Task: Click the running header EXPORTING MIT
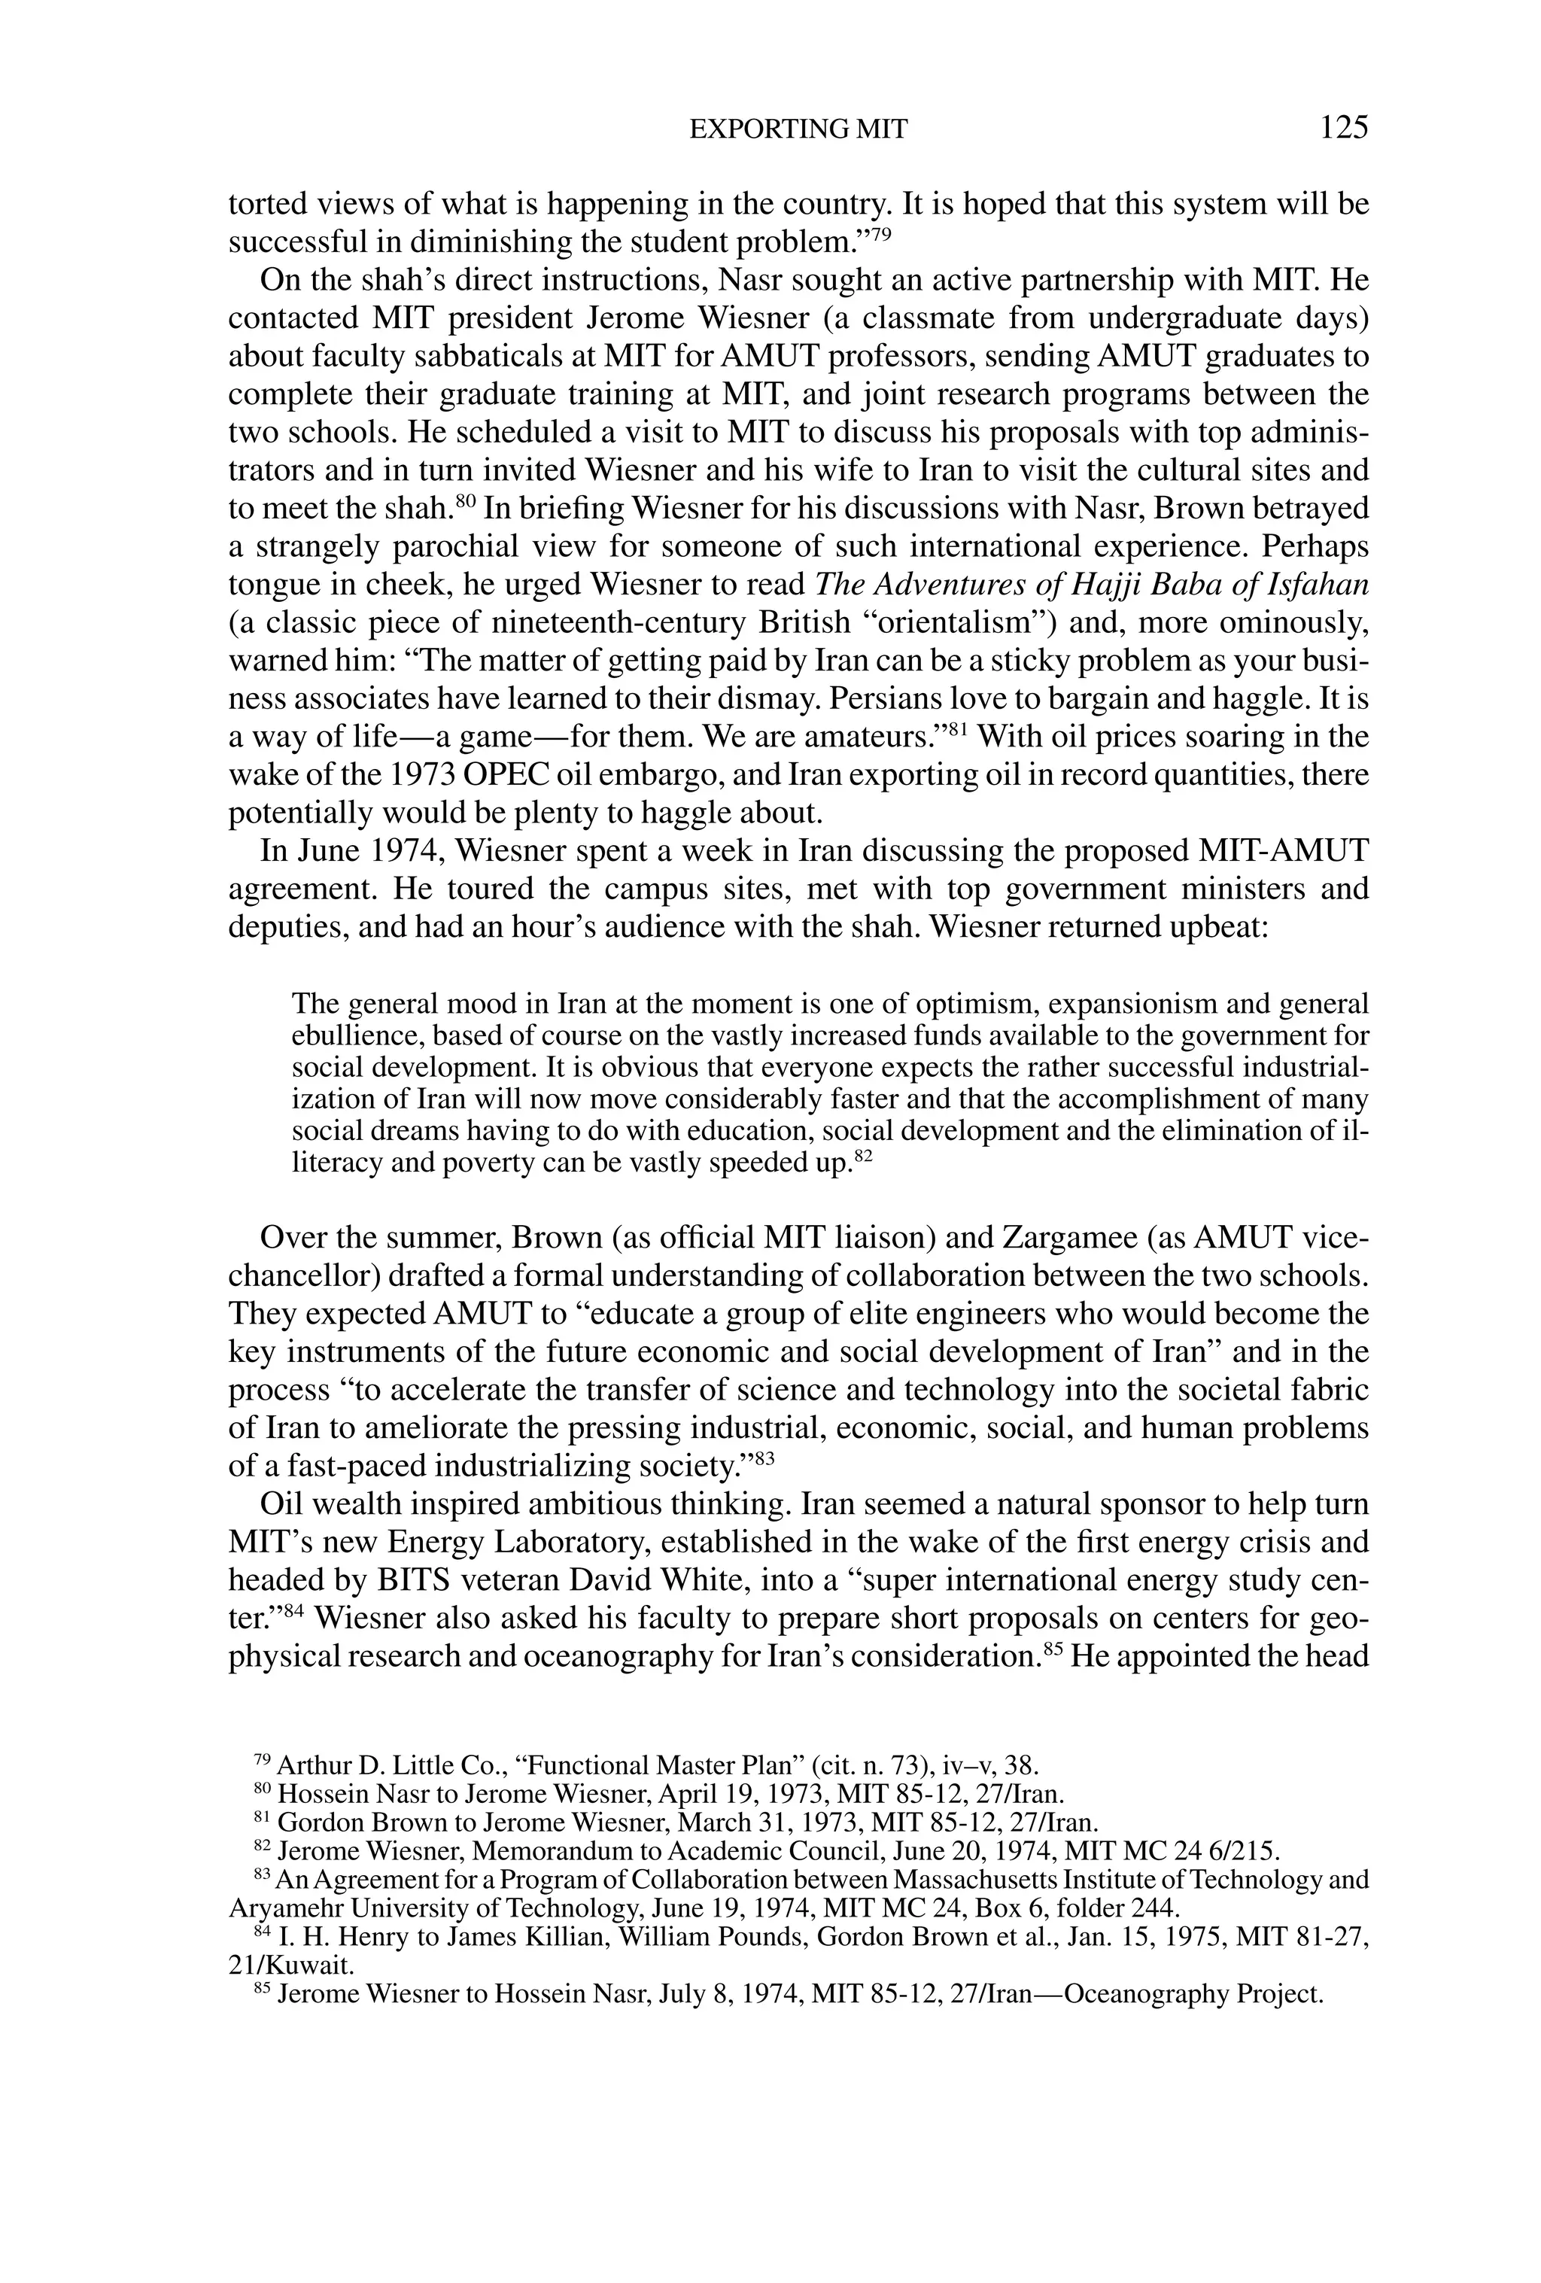[798, 129]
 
